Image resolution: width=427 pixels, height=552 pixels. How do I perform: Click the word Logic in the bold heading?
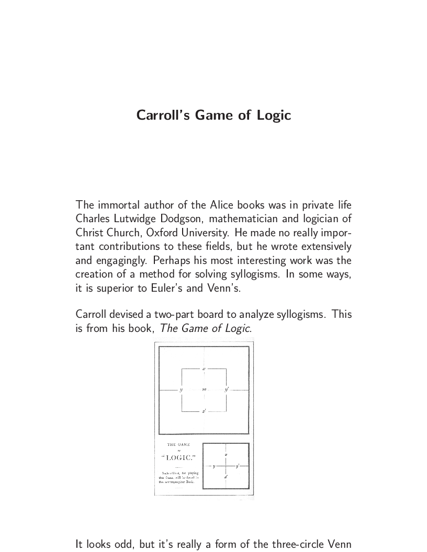tap(274, 115)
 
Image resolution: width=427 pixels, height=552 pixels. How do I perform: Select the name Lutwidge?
tap(137, 218)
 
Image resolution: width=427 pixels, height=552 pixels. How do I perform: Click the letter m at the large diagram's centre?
tap(204, 390)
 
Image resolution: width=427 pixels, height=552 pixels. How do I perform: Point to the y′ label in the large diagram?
tap(227, 389)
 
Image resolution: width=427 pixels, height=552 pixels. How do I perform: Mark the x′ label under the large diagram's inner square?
tap(204, 411)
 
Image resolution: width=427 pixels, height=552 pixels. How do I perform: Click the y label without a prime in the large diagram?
tap(181, 390)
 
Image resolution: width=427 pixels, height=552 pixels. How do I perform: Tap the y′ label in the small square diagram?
tap(237, 465)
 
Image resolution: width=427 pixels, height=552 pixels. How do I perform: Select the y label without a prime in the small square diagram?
tap(213, 466)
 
